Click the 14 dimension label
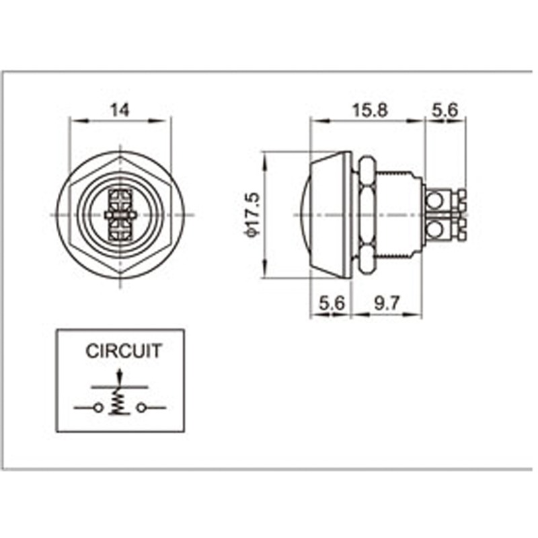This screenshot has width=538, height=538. pos(120,110)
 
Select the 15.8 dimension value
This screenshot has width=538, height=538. pos(370,110)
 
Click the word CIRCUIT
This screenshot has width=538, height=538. pos(124,351)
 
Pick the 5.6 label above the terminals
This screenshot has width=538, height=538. pos(445,110)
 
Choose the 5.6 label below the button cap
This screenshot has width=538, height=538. pos(332,303)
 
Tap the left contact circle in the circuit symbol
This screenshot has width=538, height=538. pos(98,408)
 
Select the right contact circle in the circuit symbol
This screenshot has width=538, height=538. pos(141,408)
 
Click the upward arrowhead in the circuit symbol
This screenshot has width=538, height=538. pos(119,373)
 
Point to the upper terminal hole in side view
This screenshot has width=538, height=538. pos(434,200)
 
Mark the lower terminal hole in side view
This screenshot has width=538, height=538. pos(434,229)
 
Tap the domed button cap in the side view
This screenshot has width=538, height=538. pos(325,215)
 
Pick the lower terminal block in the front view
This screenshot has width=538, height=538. pos(120,229)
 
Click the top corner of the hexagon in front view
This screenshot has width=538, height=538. pos(120,157)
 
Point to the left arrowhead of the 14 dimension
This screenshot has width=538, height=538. pos(79,121)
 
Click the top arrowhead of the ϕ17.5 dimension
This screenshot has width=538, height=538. pos(265,160)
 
